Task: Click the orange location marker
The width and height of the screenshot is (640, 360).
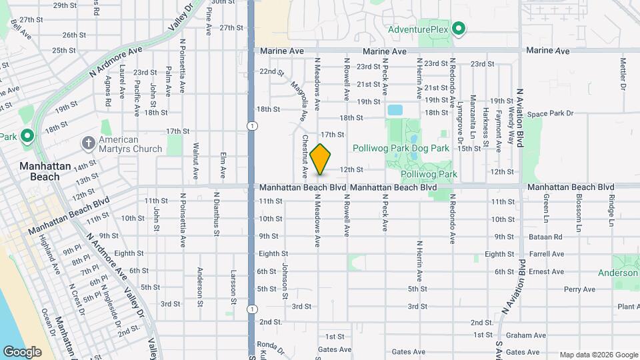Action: pyautogui.click(x=321, y=159)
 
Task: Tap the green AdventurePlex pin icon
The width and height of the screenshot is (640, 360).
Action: pyautogui.click(x=458, y=29)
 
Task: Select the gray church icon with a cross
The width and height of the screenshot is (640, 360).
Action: pyautogui.click(x=87, y=143)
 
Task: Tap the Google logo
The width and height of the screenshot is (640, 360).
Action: pyautogui.click(x=22, y=351)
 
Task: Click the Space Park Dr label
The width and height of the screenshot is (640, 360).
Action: pyautogui.click(x=550, y=114)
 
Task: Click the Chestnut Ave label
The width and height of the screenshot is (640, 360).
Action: pyautogui.click(x=304, y=157)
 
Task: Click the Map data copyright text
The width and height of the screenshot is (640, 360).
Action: pyautogui.click(x=597, y=355)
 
